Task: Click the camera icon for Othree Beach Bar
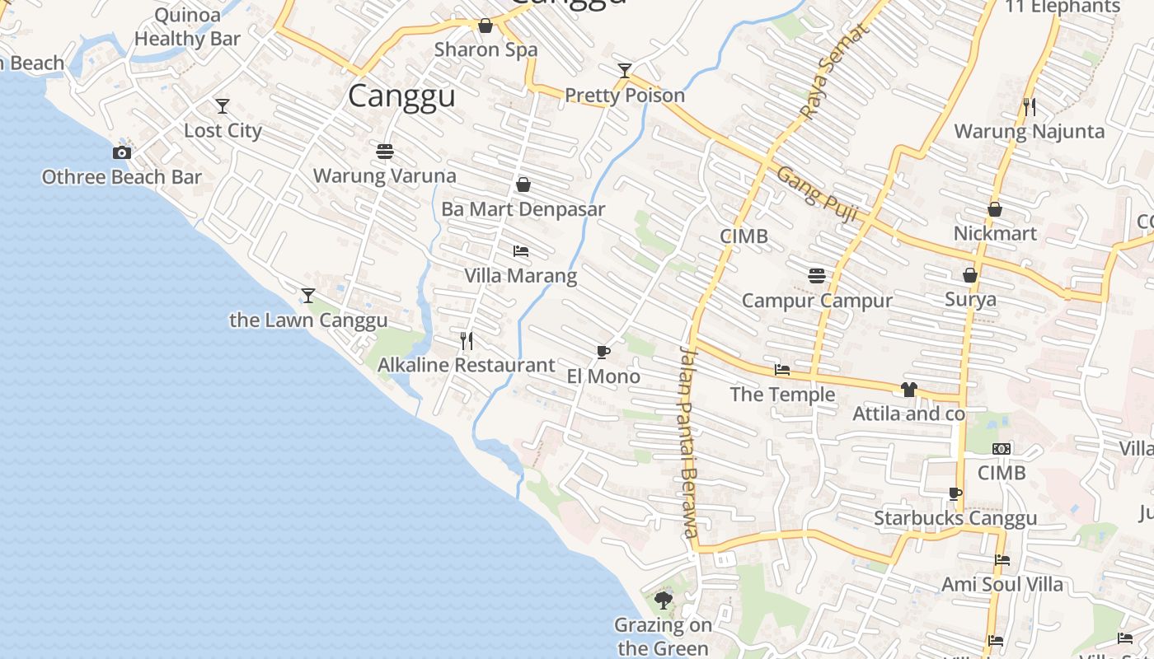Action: click(122, 152)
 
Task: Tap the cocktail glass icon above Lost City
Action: click(223, 106)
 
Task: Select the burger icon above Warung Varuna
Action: click(385, 152)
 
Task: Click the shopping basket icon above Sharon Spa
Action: click(486, 26)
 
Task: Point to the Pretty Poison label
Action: click(625, 96)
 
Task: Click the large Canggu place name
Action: click(401, 96)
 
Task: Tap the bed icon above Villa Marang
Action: click(521, 251)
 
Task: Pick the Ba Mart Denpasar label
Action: click(523, 209)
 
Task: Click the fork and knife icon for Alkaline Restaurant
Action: click(467, 340)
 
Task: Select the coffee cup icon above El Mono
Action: click(603, 353)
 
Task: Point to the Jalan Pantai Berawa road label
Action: click(689, 441)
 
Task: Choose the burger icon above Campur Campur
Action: click(817, 276)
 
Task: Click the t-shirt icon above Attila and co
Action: click(908, 390)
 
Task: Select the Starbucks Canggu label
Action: click(955, 518)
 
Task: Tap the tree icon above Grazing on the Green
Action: click(664, 601)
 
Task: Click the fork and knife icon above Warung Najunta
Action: click(1030, 106)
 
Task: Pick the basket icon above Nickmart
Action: click(995, 209)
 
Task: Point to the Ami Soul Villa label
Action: click(1002, 585)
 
